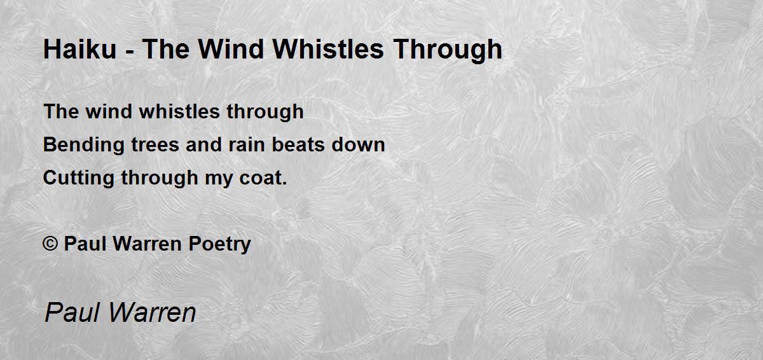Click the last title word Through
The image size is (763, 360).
tap(448, 50)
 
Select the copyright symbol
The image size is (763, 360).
tap(50, 244)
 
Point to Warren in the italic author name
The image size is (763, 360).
tap(152, 314)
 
